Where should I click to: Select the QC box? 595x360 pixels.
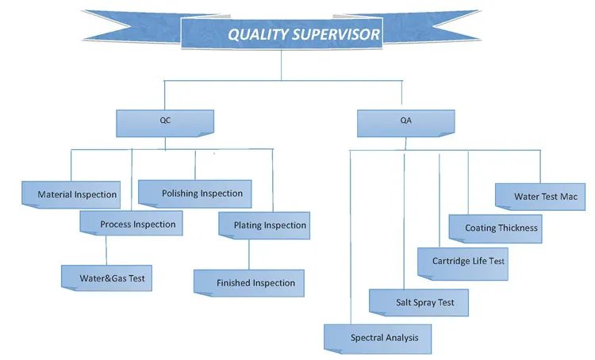tap(164, 123)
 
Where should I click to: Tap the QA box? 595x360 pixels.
tap(405, 123)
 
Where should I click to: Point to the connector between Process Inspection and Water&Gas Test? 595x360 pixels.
tap(106, 250)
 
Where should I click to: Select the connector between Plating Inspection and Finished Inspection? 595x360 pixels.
tap(249, 254)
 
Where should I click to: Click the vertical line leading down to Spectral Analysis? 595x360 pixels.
tap(350, 238)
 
